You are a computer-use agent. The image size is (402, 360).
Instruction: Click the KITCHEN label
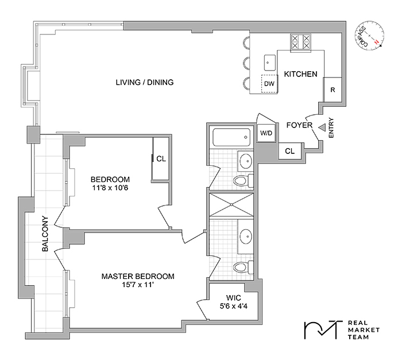click(x=300, y=74)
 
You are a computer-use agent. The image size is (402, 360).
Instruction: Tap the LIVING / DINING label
click(x=145, y=82)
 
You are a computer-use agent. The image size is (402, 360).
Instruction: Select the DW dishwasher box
click(x=269, y=84)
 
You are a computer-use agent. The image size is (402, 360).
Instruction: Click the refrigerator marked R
click(x=333, y=90)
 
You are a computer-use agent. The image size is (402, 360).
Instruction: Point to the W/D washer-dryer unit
click(x=266, y=133)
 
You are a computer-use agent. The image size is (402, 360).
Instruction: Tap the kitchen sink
click(x=270, y=63)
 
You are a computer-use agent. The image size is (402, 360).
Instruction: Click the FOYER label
click(x=299, y=125)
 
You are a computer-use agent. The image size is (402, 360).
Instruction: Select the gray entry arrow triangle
click(x=322, y=127)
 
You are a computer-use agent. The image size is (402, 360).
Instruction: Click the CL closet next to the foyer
click(x=289, y=151)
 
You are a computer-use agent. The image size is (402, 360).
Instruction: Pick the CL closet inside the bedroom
click(x=160, y=158)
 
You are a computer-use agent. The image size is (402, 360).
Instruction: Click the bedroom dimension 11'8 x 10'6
click(x=110, y=188)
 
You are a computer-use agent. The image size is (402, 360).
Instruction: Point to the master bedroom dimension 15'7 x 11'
click(x=138, y=285)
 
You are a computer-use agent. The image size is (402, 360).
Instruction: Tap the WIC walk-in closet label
click(x=234, y=298)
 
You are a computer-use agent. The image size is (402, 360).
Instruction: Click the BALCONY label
click(x=45, y=234)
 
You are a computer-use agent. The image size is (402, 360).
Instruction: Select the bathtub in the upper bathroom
click(x=231, y=137)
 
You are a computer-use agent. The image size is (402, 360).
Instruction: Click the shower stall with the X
click(x=231, y=204)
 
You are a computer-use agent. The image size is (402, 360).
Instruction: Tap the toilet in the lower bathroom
click(x=243, y=266)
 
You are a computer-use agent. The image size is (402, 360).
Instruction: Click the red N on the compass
click(x=376, y=42)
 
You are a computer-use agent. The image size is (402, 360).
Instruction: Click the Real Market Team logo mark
click(x=323, y=330)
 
